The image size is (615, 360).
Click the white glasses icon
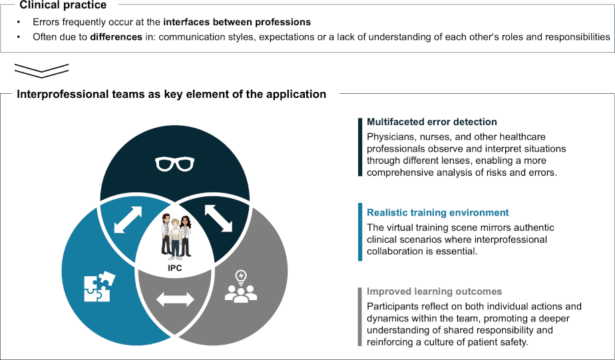click(174, 164)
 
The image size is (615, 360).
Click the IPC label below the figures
click(175, 268)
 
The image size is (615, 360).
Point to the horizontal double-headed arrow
click(175, 299)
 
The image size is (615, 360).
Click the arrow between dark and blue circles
click(128, 220)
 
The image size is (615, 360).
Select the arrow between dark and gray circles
click(219, 218)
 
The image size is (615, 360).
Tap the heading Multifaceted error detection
click(432, 122)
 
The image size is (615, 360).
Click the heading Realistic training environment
click(438, 212)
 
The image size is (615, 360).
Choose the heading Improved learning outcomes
click(434, 291)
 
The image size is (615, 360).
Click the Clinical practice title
click(63, 5)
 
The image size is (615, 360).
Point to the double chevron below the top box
click(41, 70)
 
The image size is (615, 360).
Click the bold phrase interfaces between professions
click(237, 22)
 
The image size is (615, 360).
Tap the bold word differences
click(116, 37)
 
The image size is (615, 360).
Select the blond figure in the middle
click(175, 239)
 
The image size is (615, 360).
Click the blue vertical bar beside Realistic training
click(360, 232)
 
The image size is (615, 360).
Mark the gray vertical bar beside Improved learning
click(360, 317)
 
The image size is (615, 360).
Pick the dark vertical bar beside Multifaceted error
click(360, 148)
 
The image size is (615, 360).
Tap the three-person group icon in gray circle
click(241, 293)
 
